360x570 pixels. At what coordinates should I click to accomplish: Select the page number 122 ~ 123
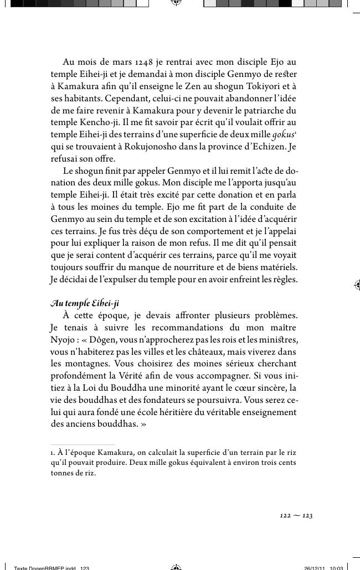coord(296,516)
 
